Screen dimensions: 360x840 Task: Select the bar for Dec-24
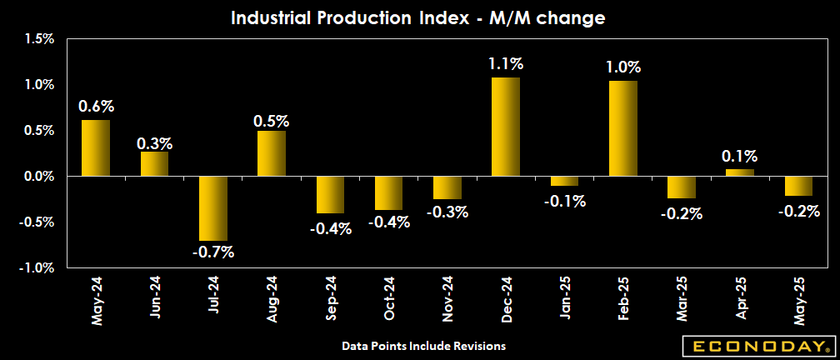506,127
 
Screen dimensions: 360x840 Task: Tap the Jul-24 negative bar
213,208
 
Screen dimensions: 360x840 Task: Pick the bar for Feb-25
623,128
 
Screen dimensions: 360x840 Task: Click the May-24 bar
96,148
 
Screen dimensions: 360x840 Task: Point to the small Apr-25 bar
741,172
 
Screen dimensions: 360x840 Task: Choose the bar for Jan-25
565,181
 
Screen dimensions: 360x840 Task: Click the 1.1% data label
506,63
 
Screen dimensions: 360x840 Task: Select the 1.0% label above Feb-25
623,67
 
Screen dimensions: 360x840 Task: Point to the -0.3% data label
447,212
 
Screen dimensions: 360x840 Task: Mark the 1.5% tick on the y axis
39,38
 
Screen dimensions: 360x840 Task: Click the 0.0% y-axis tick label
39,177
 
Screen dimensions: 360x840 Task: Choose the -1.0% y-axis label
37,268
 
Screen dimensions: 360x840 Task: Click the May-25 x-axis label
800,300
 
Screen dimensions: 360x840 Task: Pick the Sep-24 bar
331,195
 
